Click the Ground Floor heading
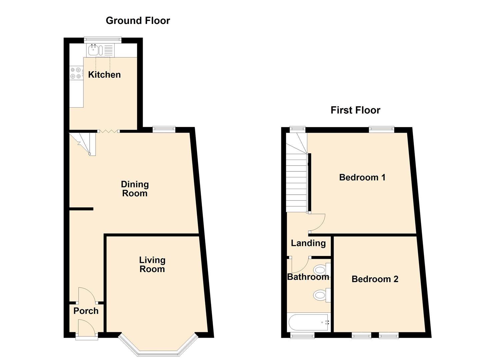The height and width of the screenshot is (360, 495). tap(138, 21)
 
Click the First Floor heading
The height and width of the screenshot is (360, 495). tap(355, 110)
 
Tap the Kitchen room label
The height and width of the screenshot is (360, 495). tap(104, 75)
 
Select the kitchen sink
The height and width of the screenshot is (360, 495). tap(94, 50)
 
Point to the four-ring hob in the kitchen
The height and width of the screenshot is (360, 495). tap(76, 73)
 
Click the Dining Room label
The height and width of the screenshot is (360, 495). tap(135, 189)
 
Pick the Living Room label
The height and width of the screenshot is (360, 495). tap(152, 264)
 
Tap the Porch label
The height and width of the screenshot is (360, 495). tap(86, 311)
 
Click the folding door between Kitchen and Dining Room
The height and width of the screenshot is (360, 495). tap(109, 131)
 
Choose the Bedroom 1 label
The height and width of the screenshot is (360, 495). tap(362, 177)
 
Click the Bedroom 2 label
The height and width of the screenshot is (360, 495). tap(375, 279)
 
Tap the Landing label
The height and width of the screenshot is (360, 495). tap(308, 243)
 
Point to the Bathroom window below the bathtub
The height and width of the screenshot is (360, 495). tap(302, 335)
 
